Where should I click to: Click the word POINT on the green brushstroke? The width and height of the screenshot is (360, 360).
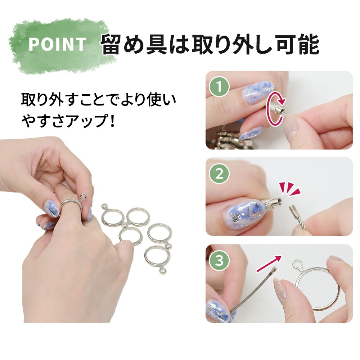pyautogui.click(x=57, y=44)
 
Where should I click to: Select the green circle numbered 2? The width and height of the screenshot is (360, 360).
pyautogui.click(x=219, y=174)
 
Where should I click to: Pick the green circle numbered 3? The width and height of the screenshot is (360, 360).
pyautogui.click(x=219, y=260)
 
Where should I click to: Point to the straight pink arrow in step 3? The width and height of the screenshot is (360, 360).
pyautogui.click(x=269, y=264)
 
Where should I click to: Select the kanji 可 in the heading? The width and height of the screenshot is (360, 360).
pyautogui.click(x=287, y=44)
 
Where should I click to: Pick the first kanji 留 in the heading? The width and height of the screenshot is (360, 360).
pyautogui.click(x=112, y=44)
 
